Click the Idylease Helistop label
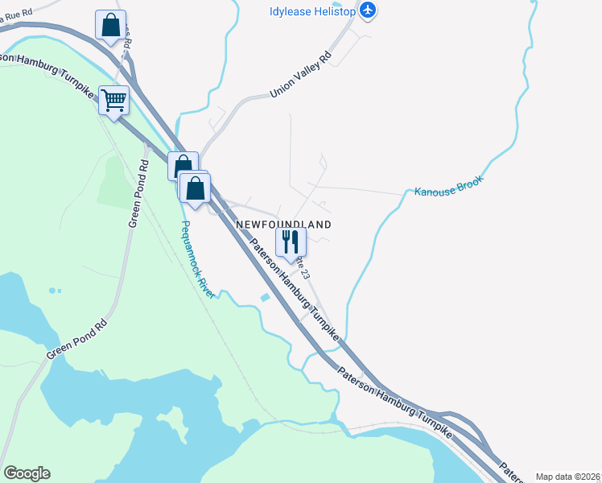pos(313,10)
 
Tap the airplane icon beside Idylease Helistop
pos(369,10)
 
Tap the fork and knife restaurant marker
pos(290,241)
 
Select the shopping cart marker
pos(114,101)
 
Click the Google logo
pos(27,473)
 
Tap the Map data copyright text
pos(567,477)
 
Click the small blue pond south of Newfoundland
pos(265,299)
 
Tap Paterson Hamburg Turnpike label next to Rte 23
pos(293,289)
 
